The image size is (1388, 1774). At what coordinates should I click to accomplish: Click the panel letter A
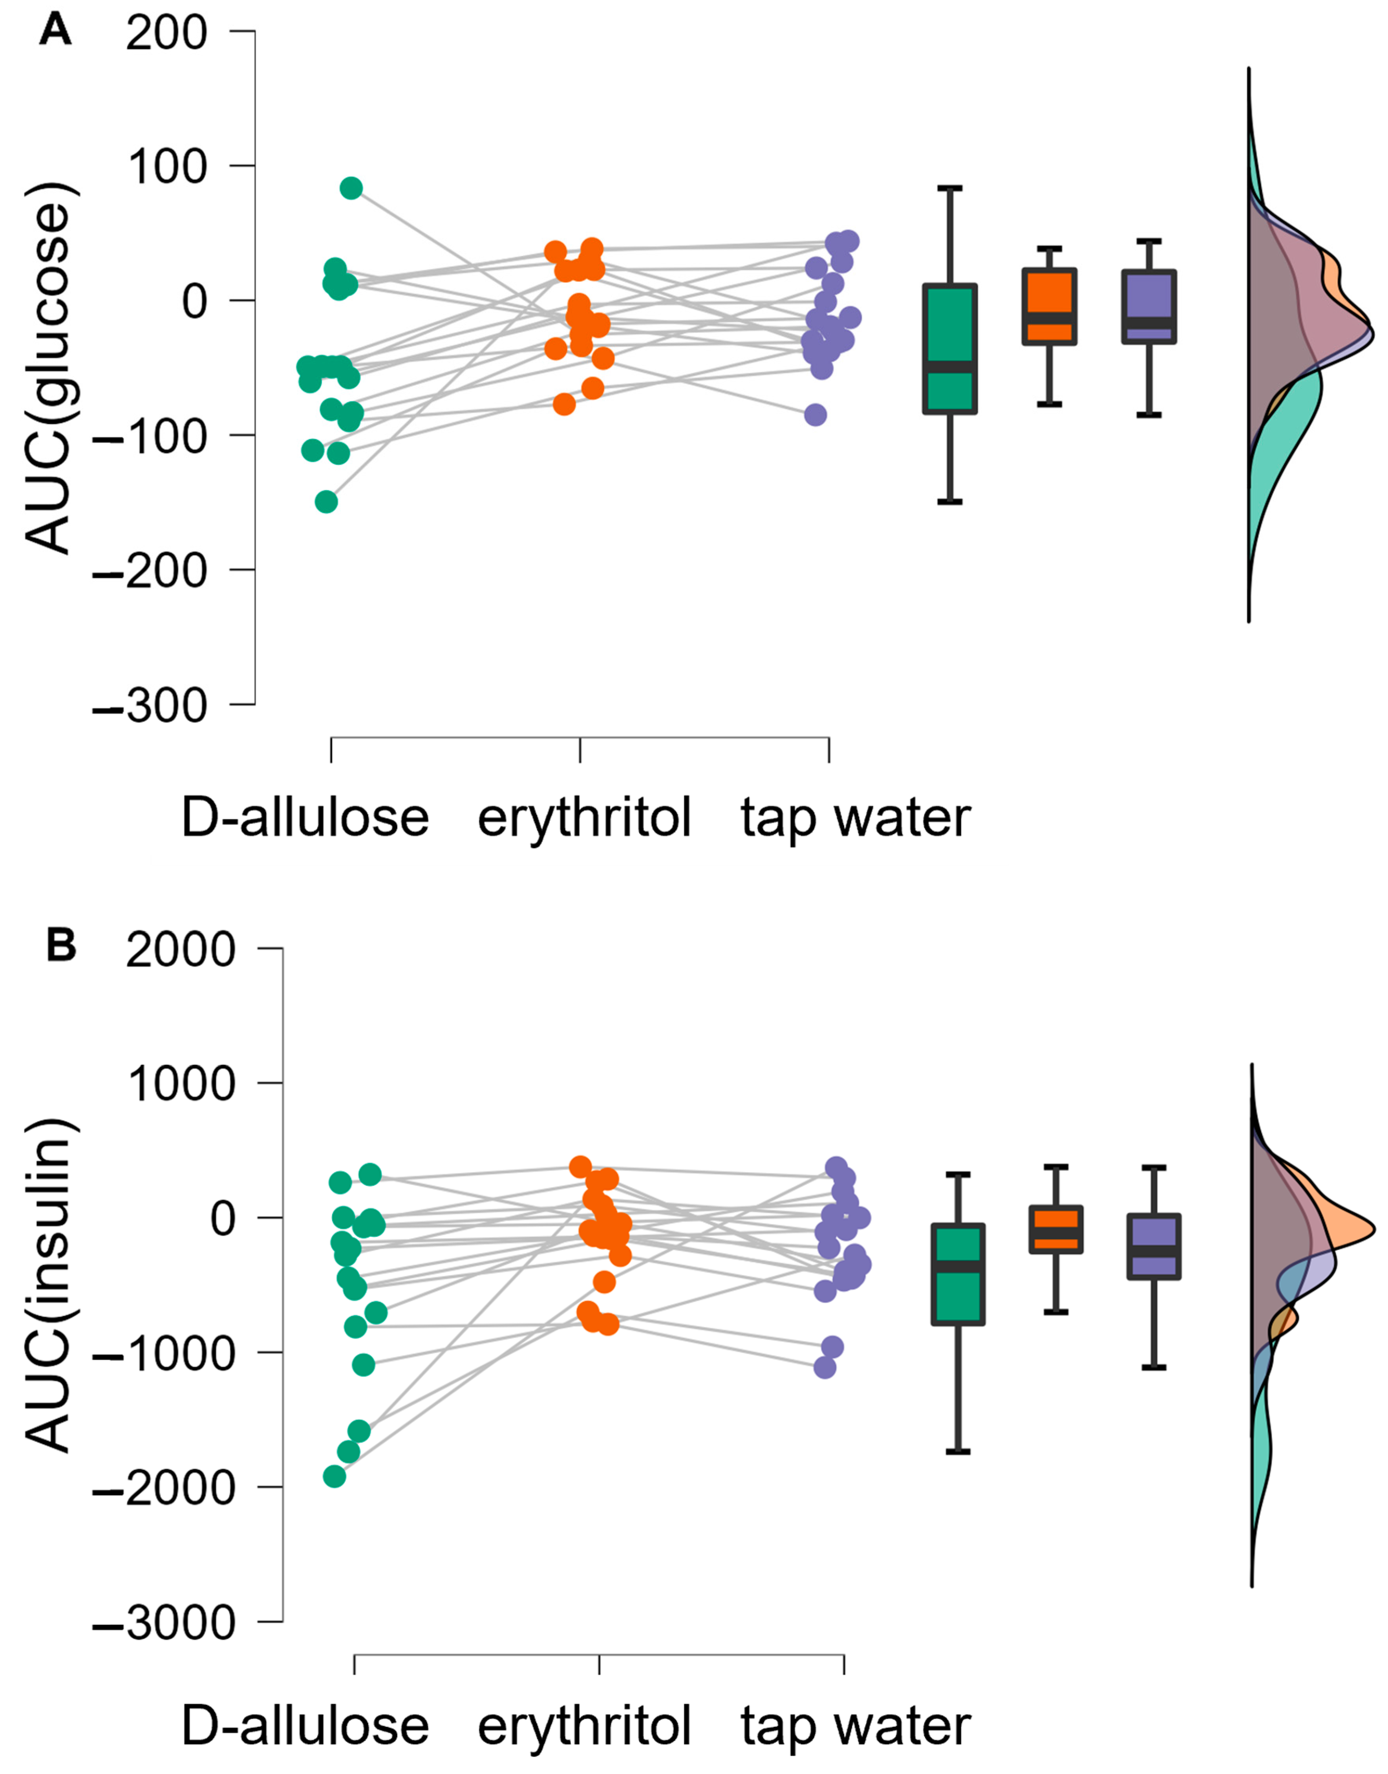pos(55,31)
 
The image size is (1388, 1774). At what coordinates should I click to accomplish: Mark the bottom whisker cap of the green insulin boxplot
pos(959,1452)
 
